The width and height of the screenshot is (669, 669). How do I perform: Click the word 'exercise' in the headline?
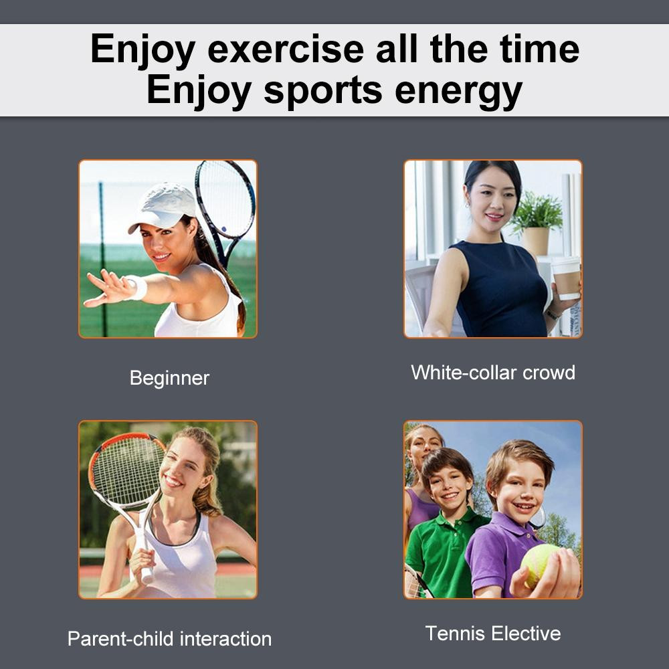(286, 50)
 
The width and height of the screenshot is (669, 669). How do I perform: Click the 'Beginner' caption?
(169, 379)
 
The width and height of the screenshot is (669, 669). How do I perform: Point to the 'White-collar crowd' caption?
(493, 373)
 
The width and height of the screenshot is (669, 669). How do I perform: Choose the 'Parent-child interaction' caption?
(169, 639)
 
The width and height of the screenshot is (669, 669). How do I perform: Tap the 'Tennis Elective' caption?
(493, 634)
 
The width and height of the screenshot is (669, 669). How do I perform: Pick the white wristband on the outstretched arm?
(137, 288)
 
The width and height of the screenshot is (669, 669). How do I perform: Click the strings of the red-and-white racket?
(126, 472)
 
